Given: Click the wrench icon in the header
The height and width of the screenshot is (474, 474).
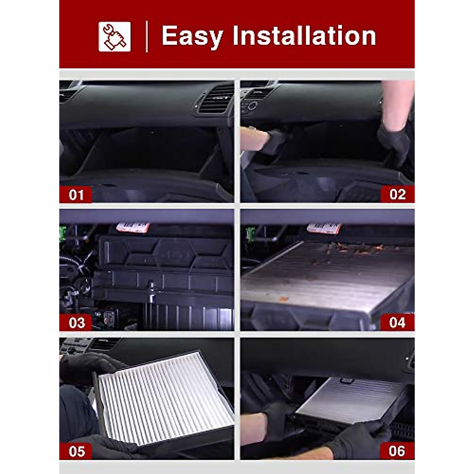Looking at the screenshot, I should (x=114, y=36).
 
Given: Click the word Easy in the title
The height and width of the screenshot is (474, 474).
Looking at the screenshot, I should (x=192, y=36).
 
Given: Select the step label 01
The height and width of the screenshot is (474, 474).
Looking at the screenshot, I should (x=76, y=195).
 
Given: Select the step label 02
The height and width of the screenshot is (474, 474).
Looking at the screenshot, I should (x=397, y=194).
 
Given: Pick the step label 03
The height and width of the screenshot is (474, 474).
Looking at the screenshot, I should (x=76, y=323).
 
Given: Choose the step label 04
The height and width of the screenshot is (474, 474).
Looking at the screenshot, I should (x=397, y=322).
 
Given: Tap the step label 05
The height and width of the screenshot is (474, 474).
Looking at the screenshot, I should (x=76, y=451).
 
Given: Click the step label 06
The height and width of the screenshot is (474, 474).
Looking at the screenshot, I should (x=397, y=451).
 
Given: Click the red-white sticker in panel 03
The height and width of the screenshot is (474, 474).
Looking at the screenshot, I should (x=133, y=227).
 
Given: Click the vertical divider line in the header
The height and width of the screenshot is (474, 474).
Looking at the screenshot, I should (x=147, y=36).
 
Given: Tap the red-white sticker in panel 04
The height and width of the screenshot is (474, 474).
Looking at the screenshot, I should (x=324, y=228).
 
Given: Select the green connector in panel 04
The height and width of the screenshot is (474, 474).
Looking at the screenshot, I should (x=250, y=234).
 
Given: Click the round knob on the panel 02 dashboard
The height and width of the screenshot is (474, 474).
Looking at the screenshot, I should (x=252, y=105).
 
